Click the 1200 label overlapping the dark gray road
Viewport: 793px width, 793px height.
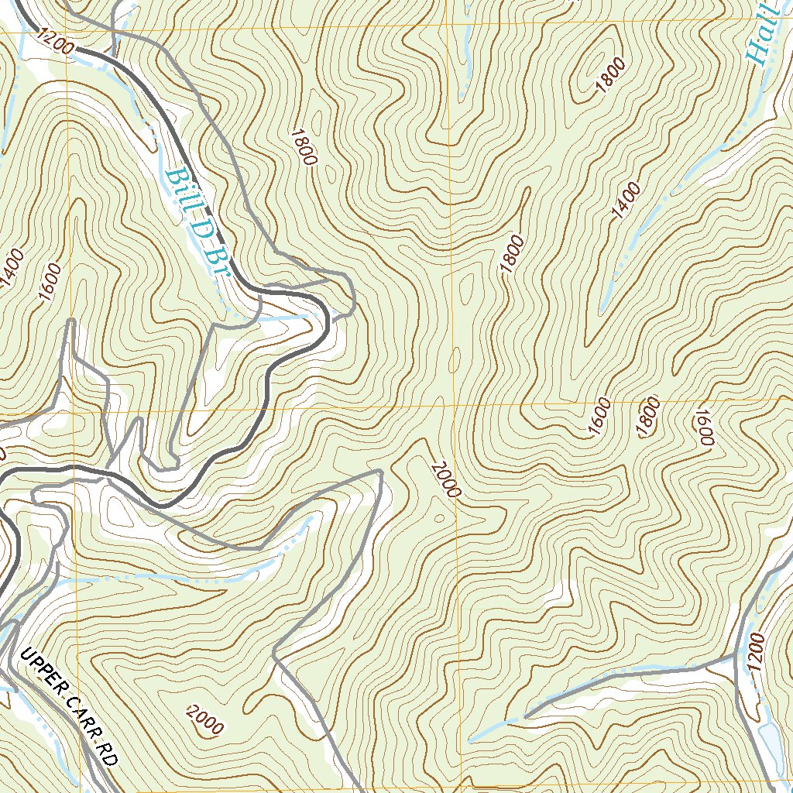(x=54, y=43)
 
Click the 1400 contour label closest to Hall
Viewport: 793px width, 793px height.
(x=625, y=202)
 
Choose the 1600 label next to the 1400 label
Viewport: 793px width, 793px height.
(x=48, y=283)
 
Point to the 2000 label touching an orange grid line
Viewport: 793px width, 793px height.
(x=446, y=479)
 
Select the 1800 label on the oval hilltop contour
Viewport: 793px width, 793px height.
(x=610, y=77)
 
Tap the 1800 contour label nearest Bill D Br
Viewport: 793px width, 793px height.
(x=304, y=147)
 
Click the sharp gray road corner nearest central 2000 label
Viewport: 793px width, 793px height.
(x=379, y=471)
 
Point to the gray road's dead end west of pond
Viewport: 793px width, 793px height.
(x=524, y=716)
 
